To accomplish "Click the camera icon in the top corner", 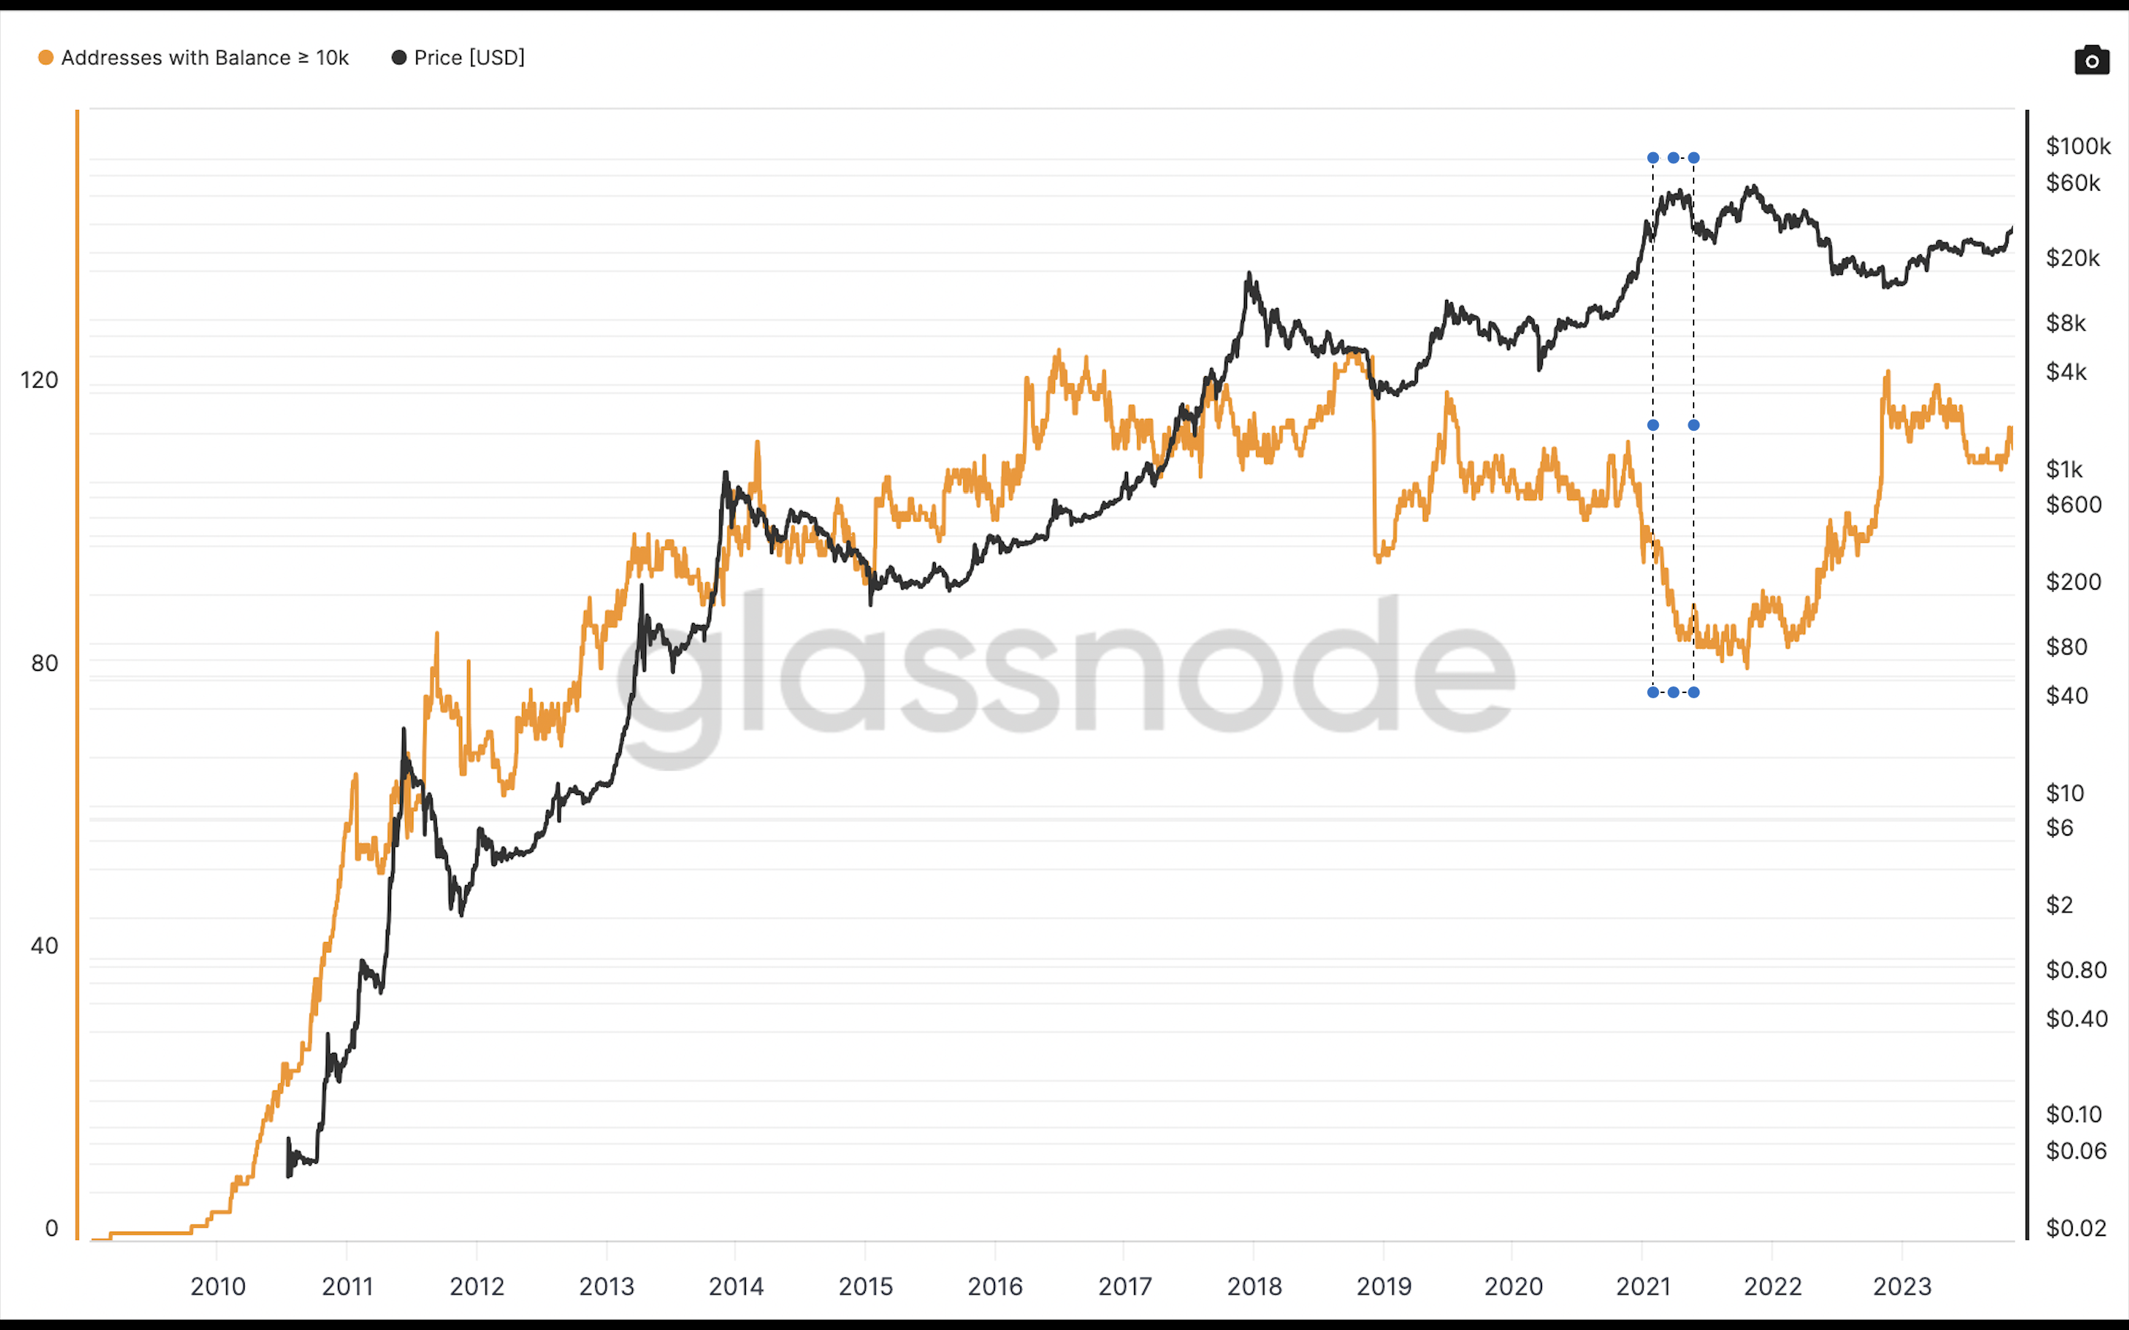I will coord(2091,60).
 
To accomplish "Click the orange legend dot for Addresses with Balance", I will coord(46,58).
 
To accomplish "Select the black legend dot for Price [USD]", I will coord(398,58).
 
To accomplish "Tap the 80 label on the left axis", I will coord(44,664).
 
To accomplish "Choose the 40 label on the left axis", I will coord(44,946).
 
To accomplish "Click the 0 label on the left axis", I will coord(51,1228).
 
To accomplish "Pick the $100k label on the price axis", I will coord(2077,146).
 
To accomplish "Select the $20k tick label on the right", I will coord(2072,259).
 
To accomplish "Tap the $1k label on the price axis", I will coord(2064,470).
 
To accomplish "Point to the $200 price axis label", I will coord(2073,582).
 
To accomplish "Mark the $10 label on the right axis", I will coord(2064,794).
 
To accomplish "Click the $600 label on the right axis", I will coord(2073,505).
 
